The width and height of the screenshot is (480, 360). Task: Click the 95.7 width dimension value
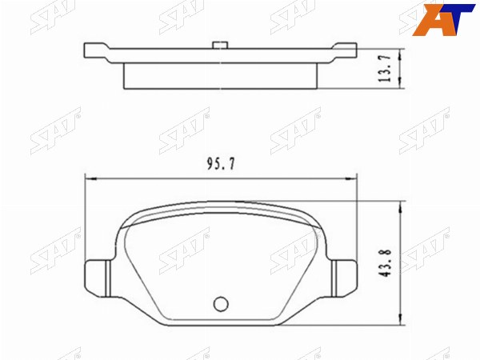point(221,164)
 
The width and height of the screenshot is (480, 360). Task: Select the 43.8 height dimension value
point(385,263)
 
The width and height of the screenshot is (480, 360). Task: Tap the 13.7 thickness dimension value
point(385,68)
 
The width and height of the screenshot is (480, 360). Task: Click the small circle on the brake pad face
point(221,304)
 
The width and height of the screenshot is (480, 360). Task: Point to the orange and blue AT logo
point(443,19)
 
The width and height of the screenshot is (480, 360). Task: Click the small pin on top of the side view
point(220,45)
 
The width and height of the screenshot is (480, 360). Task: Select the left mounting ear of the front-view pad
point(97,278)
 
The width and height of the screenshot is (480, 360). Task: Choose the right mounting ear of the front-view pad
point(345,278)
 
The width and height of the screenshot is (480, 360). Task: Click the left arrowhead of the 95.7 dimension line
point(91,178)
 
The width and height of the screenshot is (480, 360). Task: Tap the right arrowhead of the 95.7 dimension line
point(351,178)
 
